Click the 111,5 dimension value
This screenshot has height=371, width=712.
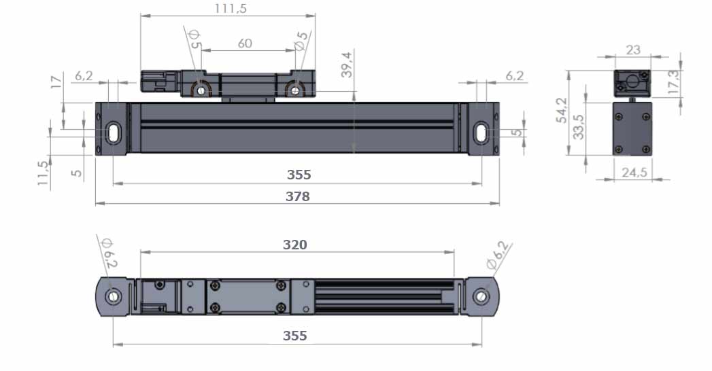[x=231, y=8]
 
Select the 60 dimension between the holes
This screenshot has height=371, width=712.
[x=245, y=43]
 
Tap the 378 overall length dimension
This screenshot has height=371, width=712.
[x=297, y=196]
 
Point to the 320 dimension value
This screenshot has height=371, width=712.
[x=294, y=245]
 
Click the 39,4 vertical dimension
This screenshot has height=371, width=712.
[x=346, y=65]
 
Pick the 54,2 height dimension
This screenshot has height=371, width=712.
[x=562, y=110]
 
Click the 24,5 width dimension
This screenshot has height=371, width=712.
[x=634, y=173]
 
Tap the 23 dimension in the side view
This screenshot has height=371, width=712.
[x=633, y=50]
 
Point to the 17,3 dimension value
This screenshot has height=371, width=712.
[x=674, y=82]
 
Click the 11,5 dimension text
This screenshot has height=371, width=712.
[x=43, y=173]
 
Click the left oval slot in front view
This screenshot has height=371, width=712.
[x=113, y=133]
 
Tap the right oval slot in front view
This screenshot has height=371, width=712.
[x=481, y=133]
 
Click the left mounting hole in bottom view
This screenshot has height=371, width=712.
[x=113, y=297]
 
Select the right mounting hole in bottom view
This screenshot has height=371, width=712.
[x=481, y=297]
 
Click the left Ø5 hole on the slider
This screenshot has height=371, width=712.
[x=201, y=90]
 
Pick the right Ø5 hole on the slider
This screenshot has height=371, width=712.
[x=296, y=90]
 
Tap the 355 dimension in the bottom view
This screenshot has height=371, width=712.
[x=294, y=336]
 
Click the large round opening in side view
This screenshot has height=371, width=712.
[x=632, y=82]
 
